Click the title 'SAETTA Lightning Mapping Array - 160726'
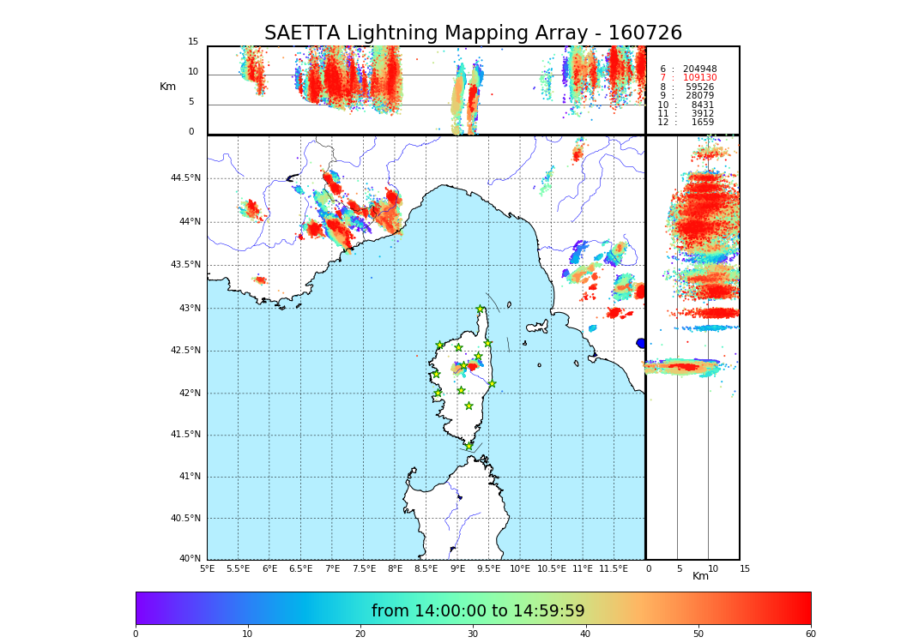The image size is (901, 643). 473,33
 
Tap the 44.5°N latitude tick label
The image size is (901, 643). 185,178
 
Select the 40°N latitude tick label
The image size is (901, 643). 189,559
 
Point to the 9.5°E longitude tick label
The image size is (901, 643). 488,568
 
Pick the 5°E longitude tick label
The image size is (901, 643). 207,568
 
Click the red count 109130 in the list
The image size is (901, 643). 699,78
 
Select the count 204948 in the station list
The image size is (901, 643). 699,69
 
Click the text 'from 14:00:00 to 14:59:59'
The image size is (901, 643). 478,611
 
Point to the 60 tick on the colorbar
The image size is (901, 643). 810,634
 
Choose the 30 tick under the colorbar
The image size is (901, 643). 473,634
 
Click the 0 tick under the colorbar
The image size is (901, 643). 136,634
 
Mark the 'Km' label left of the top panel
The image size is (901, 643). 167,87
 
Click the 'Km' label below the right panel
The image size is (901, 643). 700,576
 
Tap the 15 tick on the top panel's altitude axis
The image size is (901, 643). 193,42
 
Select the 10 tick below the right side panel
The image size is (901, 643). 713,568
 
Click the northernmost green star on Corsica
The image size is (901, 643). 481,309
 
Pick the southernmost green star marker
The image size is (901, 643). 469,446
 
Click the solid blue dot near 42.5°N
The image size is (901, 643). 641,343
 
